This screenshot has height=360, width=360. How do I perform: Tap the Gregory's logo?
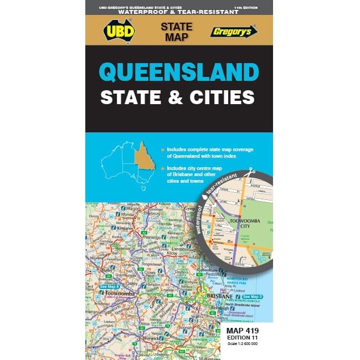pyautogui.click(x=234, y=30)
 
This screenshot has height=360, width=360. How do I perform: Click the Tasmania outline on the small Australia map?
pyautogui.click(x=142, y=187)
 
